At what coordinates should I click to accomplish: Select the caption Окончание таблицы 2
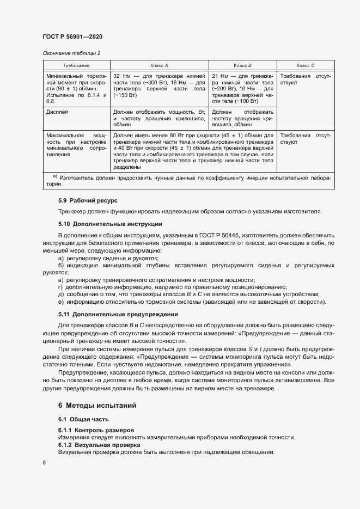click(x=71, y=53)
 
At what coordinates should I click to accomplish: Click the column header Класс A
click(x=159, y=65)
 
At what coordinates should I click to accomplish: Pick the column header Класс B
click(x=242, y=65)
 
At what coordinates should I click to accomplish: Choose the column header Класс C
click(x=305, y=65)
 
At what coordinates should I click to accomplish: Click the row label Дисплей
click(x=57, y=111)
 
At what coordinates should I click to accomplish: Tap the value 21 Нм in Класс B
click(x=220, y=76)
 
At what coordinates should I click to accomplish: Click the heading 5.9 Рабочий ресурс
click(x=88, y=201)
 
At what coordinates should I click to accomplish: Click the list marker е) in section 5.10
click(x=61, y=302)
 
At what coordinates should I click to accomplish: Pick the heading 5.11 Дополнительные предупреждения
click(x=111, y=315)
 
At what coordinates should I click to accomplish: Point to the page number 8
click(x=44, y=463)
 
